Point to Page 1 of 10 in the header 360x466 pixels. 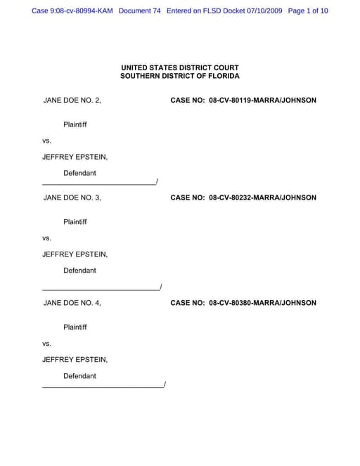[308, 11]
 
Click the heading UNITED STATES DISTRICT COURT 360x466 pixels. [180, 67]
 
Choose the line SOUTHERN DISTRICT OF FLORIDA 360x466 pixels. [180, 76]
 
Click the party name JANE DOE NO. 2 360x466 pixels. [72, 101]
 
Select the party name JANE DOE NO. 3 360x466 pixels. [72, 198]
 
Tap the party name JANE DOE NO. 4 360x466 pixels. [72, 303]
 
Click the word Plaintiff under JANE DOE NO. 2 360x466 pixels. [75, 124]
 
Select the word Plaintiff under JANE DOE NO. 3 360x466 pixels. [75, 222]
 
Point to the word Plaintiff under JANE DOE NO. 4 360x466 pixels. [75, 328]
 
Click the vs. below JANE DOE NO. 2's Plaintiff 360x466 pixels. [46, 141]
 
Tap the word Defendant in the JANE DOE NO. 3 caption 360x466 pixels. [79, 271]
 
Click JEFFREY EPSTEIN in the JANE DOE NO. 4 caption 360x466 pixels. [75, 360]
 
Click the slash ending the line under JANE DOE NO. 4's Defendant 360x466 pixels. [164, 384]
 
